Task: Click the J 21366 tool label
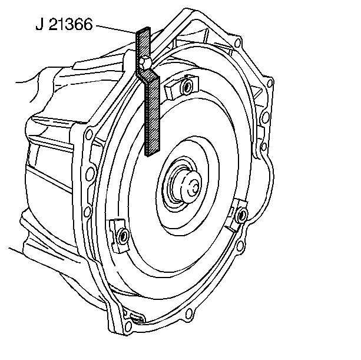64,24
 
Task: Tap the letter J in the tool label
39,24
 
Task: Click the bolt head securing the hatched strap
145,62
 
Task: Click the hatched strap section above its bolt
143,42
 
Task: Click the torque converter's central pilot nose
191,186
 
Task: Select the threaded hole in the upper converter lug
186,87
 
